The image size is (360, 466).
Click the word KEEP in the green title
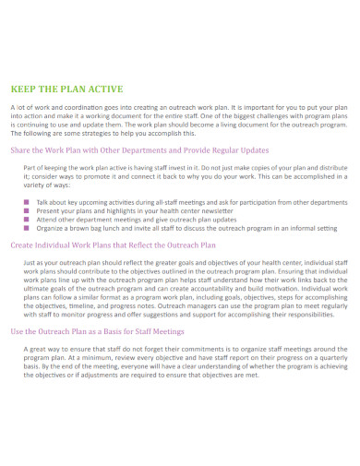(x=25, y=90)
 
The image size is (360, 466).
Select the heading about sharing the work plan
(x=138, y=149)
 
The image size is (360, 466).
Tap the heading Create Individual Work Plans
(x=113, y=246)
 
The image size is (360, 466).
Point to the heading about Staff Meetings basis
(x=96, y=331)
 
